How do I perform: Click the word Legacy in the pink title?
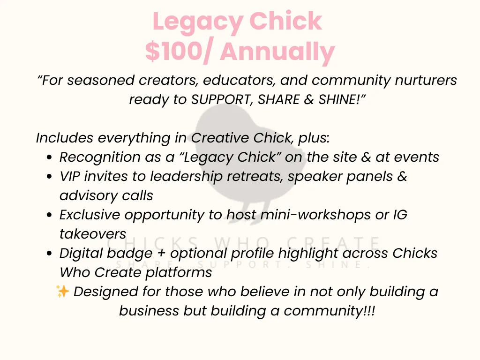(198, 22)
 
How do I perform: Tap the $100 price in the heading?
(174, 51)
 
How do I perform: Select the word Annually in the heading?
(277, 52)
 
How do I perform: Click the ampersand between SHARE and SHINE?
(309, 99)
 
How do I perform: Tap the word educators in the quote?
(240, 80)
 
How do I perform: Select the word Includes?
(65, 138)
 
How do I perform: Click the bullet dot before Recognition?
(49, 157)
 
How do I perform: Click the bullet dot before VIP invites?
(49, 177)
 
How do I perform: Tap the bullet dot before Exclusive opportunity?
(49, 215)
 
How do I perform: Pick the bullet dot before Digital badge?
(49, 254)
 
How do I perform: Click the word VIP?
(70, 176)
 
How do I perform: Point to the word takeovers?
(93, 234)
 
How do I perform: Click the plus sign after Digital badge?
(161, 254)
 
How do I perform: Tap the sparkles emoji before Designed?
(63, 291)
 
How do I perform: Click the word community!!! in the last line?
(329, 311)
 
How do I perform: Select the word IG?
(400, 215)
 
